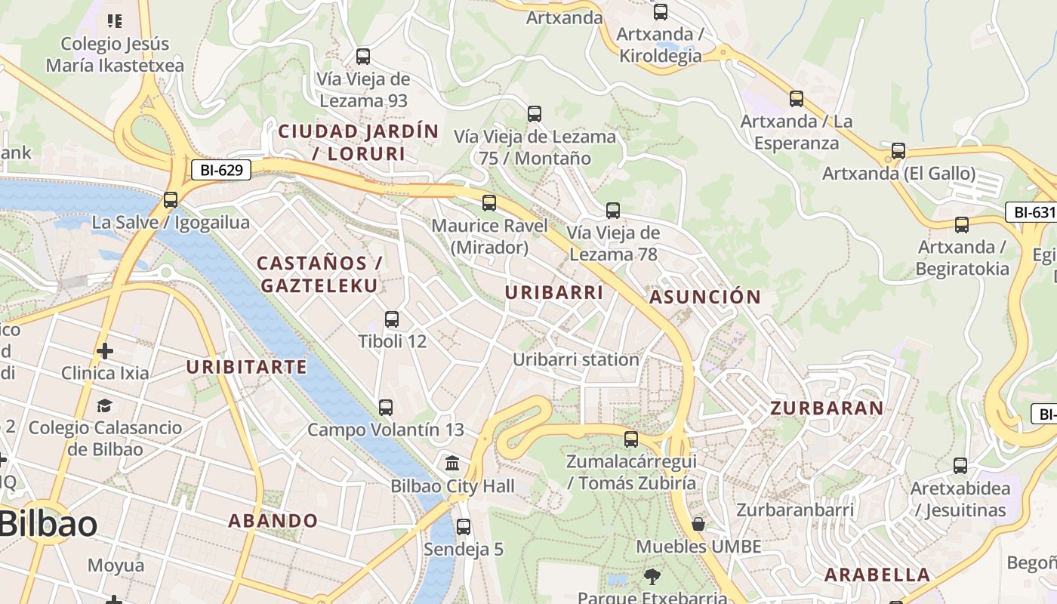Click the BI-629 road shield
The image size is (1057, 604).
pyautogui.click(x=221, y=170)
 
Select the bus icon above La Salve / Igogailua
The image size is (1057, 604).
pyautogui.click(x=171, y=200)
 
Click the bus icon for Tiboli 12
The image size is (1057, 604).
pyautogui.click(x=392, y=319)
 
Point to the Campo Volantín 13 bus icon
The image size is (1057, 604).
pyautogui.click(x=386, y=408)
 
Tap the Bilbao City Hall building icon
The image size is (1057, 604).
pyautogui.click(x=452, y=463)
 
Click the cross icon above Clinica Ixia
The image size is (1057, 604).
pyautogui.click(x=105, y=351)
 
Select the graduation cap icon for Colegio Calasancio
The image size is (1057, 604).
pyautogui.click(x=105, y=405)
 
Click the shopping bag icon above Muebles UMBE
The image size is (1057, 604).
pyautogui.click(x=698, y=524)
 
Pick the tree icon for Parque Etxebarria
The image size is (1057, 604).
pyautogui.click(x=652, y=578)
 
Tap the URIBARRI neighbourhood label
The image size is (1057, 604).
pyautogui.click(x=554, y=293)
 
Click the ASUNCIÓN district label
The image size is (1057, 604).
pyautogui.click(x=705, y=297)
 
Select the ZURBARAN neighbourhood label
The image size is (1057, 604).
pyautogui.click(x=827, y=408)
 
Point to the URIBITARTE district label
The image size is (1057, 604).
pyautogui.click(x=247, y=368)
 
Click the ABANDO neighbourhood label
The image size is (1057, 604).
pyautogui.click(x=273, y=521)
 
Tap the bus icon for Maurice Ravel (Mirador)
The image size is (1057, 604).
pyautogui.click(x=489, y=202)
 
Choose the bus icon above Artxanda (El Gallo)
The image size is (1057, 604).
pyautogui.click(x=898, y=151)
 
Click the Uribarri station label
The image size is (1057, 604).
pyautogui.click(x=576, y=359)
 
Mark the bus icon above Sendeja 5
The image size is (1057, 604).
pyautogui.click(x=464, y=526)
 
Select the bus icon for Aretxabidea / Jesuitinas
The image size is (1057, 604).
pyautogui.click(x=960, y=466)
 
